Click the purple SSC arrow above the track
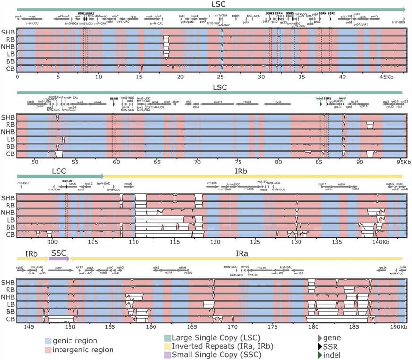click(x=60, y=258)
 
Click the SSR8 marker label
click(x=113, y=98)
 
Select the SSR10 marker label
click(x=67, y=180)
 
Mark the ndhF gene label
click(x=59, y=268)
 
